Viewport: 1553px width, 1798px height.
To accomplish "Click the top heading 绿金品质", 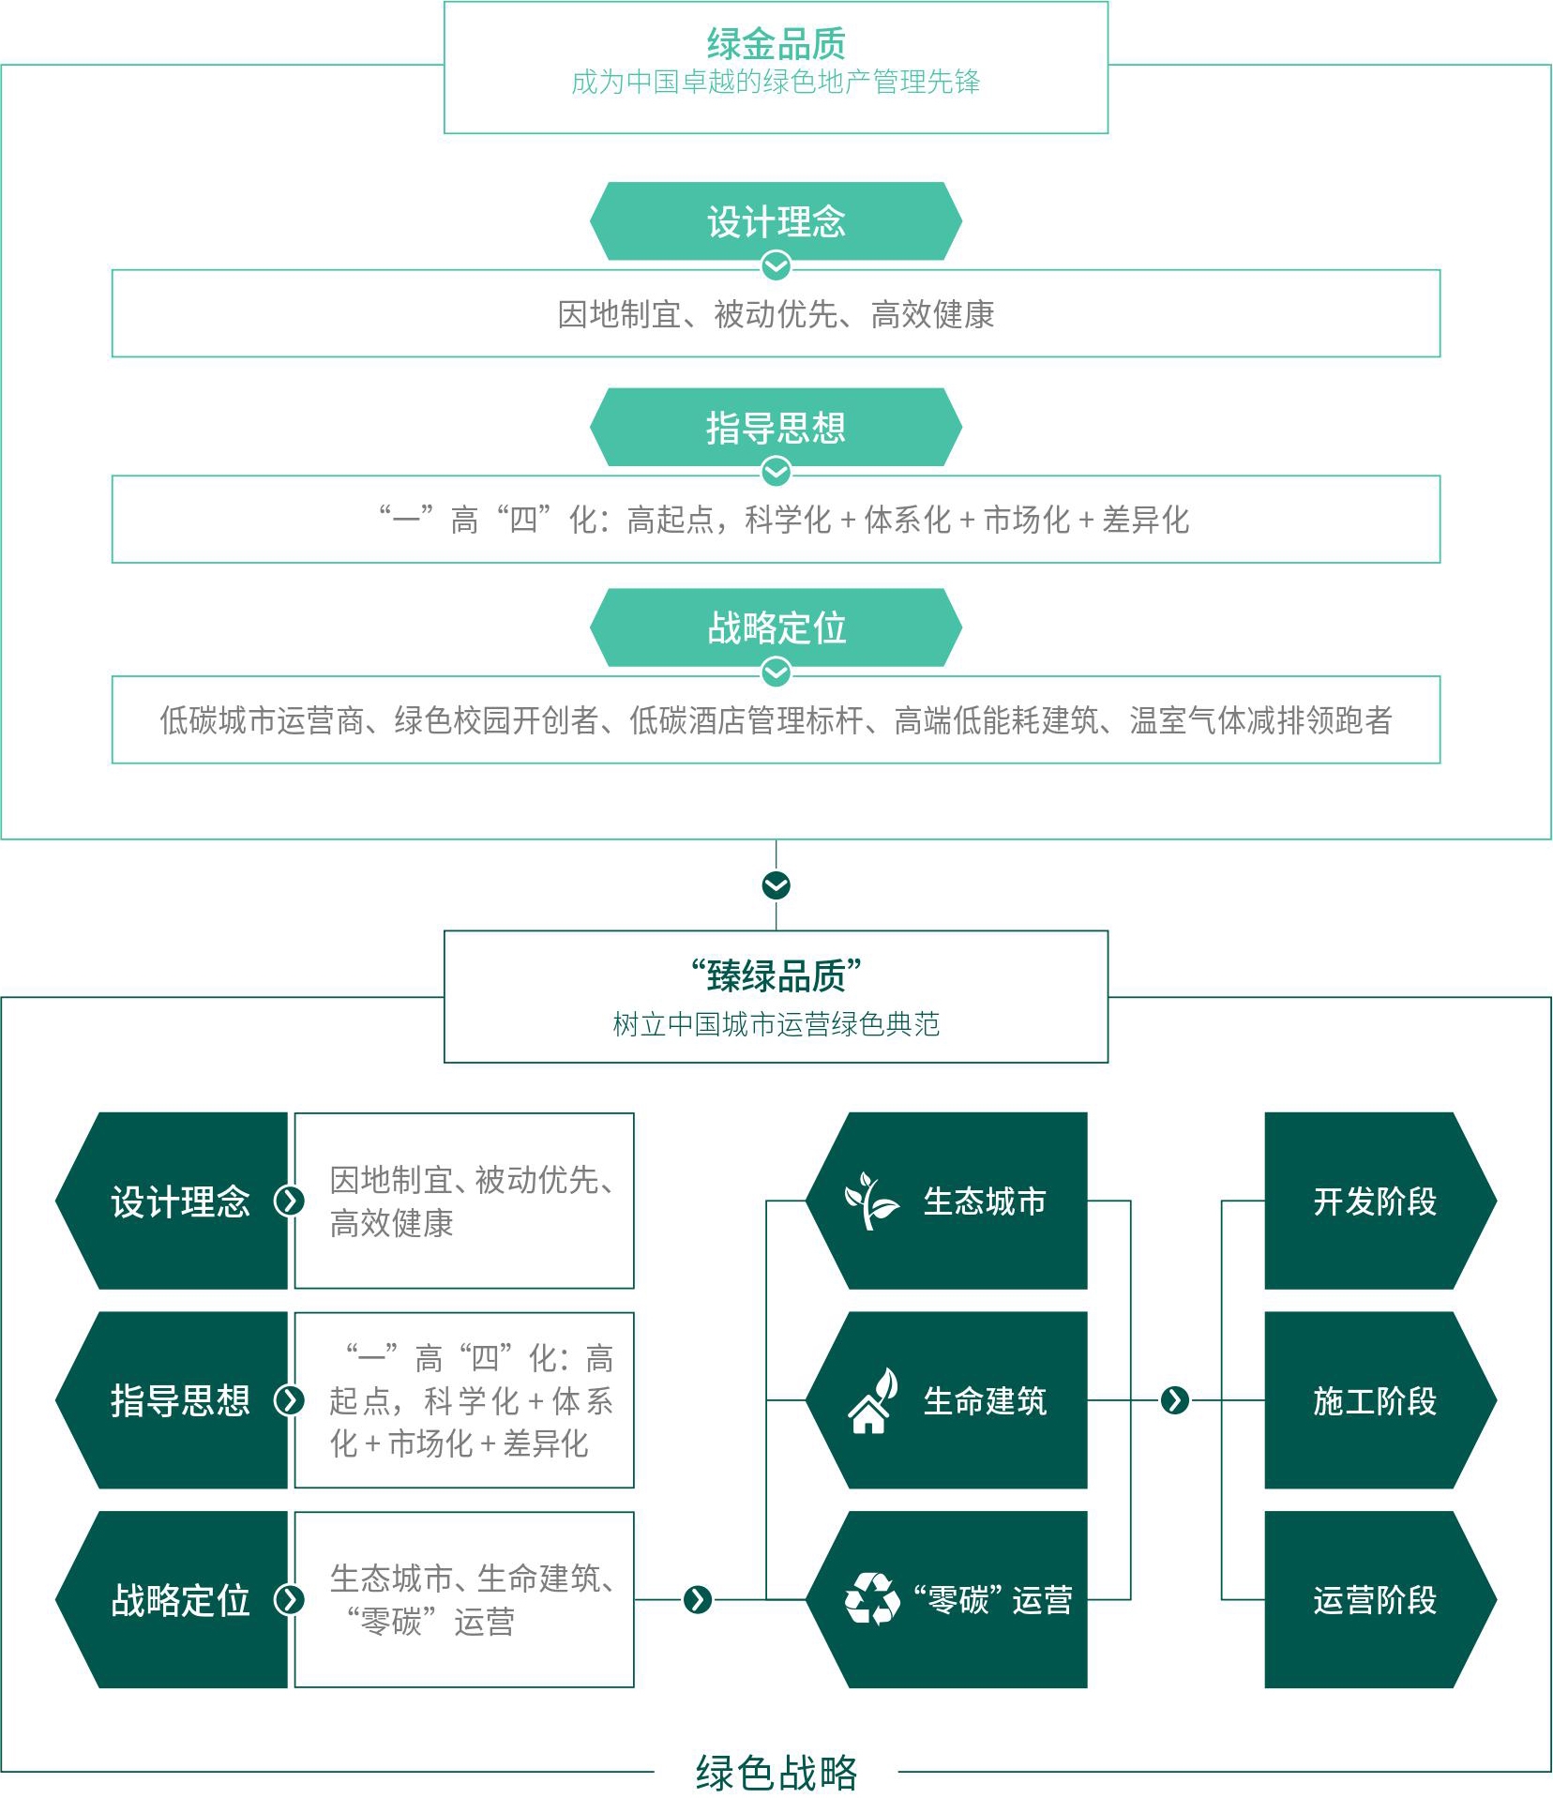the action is (776, 43).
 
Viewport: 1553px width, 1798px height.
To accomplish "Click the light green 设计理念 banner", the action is (776, 221).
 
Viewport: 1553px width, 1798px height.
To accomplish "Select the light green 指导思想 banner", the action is (776, 427).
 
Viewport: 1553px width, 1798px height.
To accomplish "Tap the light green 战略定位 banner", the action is (776, 627).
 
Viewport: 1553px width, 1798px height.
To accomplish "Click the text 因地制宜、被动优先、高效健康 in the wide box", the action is (776, 314).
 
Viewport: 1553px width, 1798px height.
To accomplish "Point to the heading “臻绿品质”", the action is (776, 975).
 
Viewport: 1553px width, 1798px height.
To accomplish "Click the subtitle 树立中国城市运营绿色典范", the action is (776, 1023).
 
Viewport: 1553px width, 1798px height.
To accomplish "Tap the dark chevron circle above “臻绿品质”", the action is (776, 885).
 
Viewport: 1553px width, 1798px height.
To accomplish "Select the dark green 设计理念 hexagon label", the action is (172, 1201).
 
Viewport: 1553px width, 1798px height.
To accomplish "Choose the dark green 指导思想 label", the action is (172, 1400).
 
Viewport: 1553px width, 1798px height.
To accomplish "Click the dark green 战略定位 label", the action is (172, 1600).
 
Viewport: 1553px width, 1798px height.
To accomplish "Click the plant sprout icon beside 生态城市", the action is (871, 1201).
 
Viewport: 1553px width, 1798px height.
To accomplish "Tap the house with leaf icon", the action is (872, 1400).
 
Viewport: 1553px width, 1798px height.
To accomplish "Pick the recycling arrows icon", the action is (872, 1599).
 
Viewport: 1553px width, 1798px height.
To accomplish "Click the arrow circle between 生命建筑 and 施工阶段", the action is (1175, 1400).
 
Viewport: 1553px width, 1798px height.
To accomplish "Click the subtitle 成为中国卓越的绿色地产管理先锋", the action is (776, 83).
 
